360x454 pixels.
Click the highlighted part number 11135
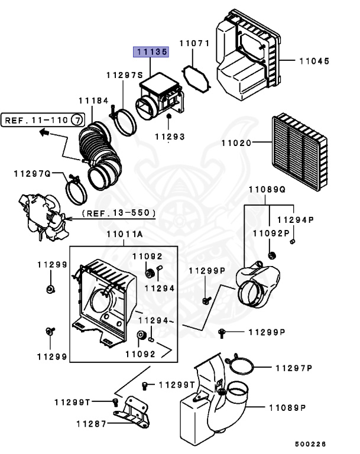coord(151,52)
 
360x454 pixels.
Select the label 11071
coord(195,44)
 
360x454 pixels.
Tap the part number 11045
coord(314,61)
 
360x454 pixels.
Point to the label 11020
coord(237,142)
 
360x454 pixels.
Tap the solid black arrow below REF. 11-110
coord(44,133)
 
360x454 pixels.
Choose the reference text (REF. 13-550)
coord(118,212)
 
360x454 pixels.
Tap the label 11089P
coord(287,408)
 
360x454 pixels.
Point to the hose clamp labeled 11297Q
coord(75,190)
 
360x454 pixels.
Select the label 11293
coord(170,137)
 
